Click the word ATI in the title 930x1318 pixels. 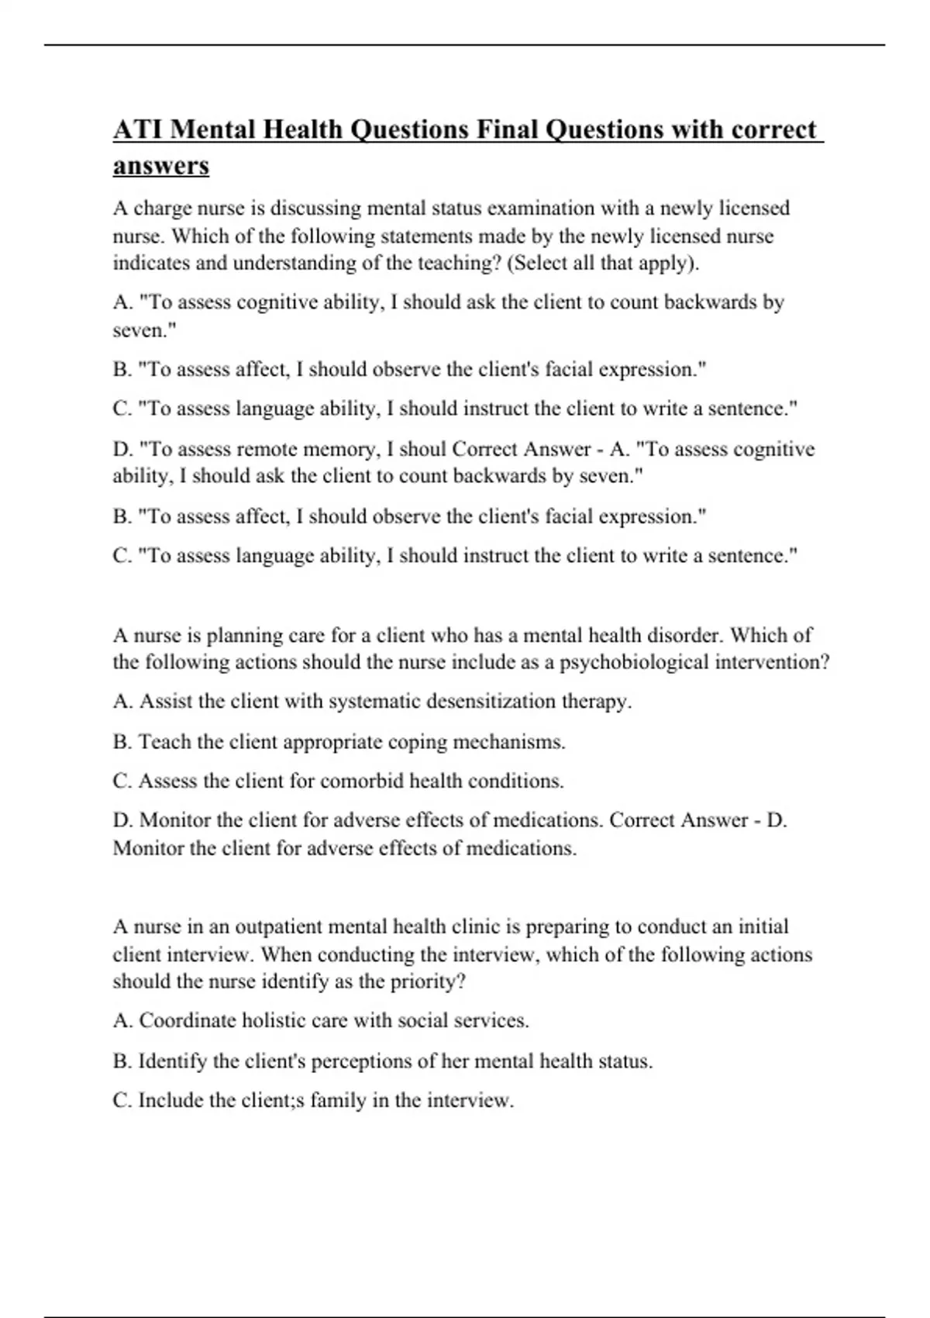(138, 129)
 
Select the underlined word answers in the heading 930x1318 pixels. (161, 166)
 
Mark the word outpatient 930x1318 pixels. (278, 926)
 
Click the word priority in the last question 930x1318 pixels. (428, 982)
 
